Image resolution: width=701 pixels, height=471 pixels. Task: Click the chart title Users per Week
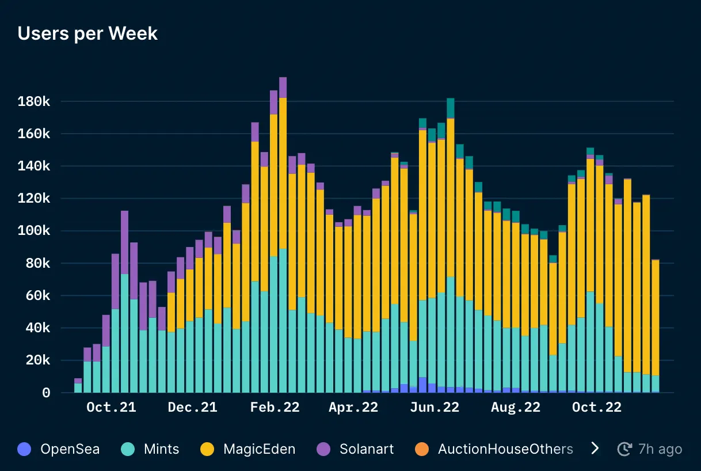pyautogui.click(x=87, y=33)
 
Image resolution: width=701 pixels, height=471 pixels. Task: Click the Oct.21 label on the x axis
pyautogui.click(x=111, y=408)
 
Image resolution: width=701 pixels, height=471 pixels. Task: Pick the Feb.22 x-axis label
pyautogui.click(x=275, y=408)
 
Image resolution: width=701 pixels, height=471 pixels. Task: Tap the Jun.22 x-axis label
pyautogui.click(x=435, y=408)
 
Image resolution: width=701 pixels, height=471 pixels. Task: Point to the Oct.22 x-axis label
pyautogui.click(x=597, y=408)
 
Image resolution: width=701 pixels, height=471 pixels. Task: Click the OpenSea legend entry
pyautogui.click(x=69, y=449)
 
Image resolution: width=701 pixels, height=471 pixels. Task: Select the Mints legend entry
pyautogui.click(x=161, y=449)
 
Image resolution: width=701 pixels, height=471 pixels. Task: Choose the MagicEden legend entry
pyautogui.click(x=259, y=449)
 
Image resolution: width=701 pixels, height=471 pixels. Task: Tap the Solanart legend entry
pyautogui.click(x=367, y=449)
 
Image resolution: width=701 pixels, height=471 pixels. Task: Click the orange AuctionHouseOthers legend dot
pyautogui.click(x=422, y=449)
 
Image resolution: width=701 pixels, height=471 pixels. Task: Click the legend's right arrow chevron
pyautogui.click(x=595, y=449)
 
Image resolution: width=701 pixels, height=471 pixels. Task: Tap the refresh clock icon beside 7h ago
pyautogui.click(x=624, y=449)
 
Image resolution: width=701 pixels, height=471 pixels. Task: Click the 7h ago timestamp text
pyautogui.click(x=660, y=449)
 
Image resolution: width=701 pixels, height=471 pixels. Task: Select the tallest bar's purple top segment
pyautogui.click(x=283, y=88)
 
